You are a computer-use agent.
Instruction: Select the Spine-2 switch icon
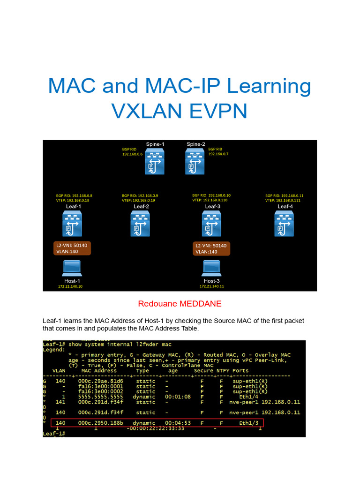[x=195, y=162]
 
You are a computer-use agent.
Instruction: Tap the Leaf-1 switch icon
[x=73, y=223]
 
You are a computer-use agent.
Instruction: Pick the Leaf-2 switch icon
[x=141, y=223]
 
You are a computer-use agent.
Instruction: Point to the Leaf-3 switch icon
[x=212, y=223]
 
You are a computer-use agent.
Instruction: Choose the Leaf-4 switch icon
[x=285, y=223]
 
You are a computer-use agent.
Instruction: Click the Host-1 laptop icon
[x=72, y=268]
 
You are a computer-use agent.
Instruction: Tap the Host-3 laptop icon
[x=211, y=268]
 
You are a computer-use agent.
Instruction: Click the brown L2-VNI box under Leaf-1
[x=72, y=248]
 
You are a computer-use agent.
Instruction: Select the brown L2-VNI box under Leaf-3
[x=211, y=248]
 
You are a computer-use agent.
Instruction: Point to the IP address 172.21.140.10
[x=70, y=286]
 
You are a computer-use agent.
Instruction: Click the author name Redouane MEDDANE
[x=180, y=304]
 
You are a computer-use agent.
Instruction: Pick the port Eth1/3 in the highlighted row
[x=247, y=423]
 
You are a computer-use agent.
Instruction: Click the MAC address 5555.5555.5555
[x=101, y=397]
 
